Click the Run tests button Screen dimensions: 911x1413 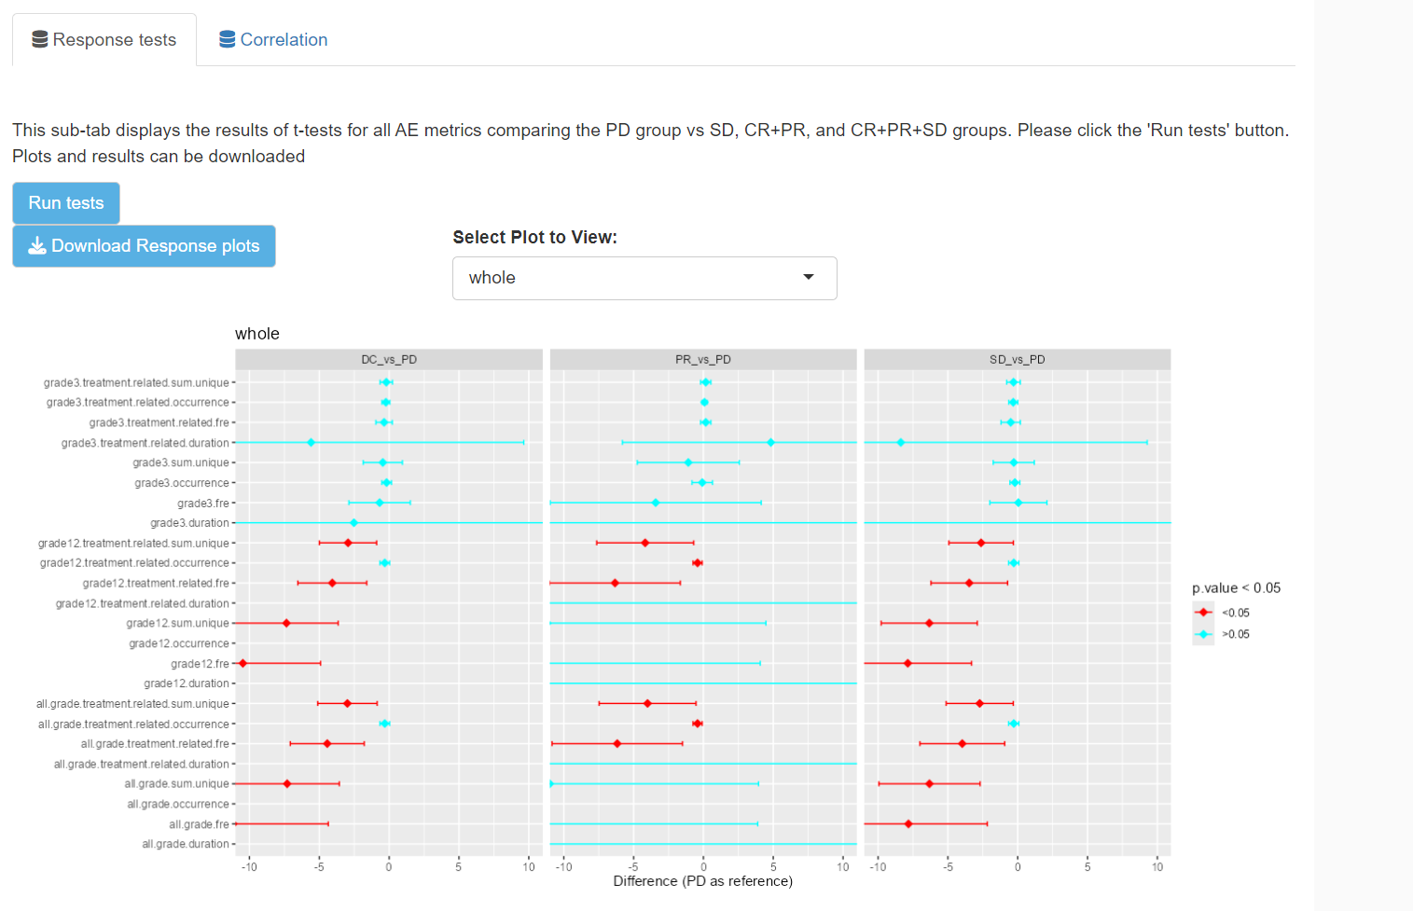[65, 203]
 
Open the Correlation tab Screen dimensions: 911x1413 [273, 40]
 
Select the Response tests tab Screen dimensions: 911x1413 [104, 40]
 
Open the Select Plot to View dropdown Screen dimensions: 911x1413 [644, 278]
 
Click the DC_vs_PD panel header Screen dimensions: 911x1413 [388, 360]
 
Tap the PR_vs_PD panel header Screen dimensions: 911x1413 [703, 360]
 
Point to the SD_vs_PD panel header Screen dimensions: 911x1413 [1017, 360]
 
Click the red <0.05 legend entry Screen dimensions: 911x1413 [1222, 613]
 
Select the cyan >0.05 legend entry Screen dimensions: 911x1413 [1222, 634]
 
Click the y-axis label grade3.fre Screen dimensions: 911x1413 [202, 504]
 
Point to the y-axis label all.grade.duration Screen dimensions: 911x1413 [185, 845]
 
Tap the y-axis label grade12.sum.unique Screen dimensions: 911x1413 [177, 624]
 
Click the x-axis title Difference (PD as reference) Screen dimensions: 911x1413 [702, 881]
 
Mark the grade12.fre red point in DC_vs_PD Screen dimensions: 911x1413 [243, 664]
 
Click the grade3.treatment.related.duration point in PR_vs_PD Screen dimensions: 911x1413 [770, 443]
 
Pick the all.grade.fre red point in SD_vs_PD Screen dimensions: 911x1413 [908, 824]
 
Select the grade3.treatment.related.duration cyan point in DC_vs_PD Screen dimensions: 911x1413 [311, 443]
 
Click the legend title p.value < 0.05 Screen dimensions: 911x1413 [1236, 588]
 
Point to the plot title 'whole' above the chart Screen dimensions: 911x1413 [257, 334]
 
